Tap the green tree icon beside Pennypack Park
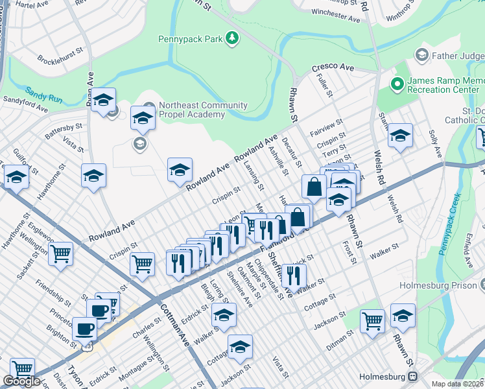pyautogui.click(x=231, y=39)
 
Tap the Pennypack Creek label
pyautogui.click(x=449, y=224)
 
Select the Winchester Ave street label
pyautogui.click(x=335, y=16)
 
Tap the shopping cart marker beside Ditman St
pyautogui.click(x=372, y=320)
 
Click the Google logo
pyautogui.click(x=21, y=381)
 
